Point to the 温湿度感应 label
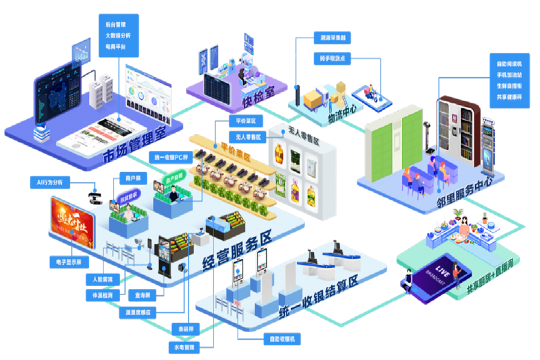point(138,312)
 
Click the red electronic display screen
point(71,222)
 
